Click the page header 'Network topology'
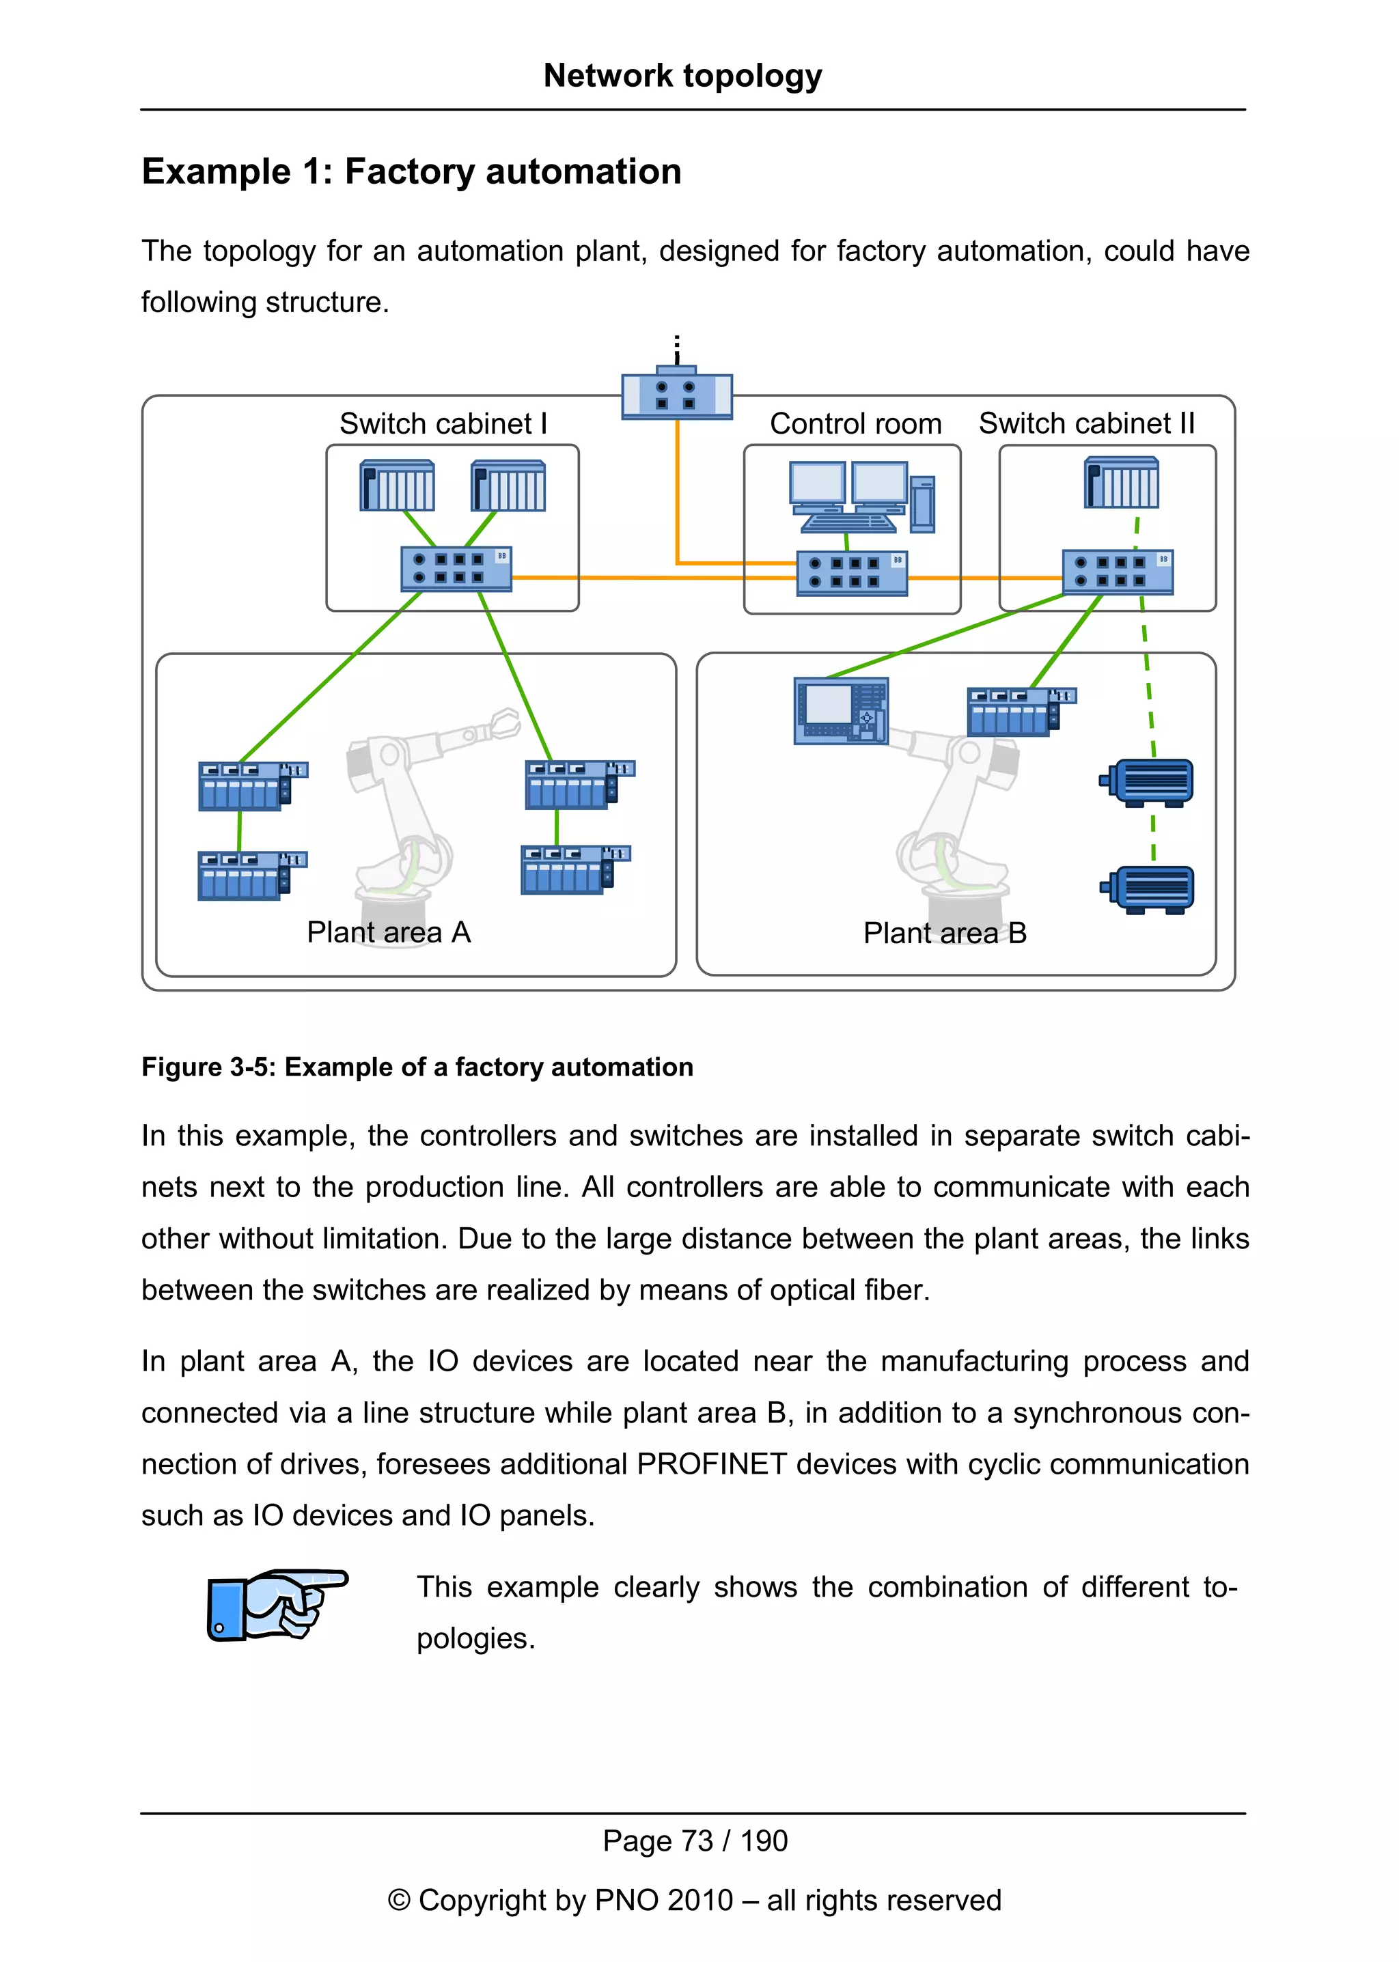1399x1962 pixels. point(682,76)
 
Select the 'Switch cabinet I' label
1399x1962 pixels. point(443,424)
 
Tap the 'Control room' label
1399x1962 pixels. point(855,424)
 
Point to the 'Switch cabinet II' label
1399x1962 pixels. point(1086,423)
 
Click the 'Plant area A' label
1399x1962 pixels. point(389,932)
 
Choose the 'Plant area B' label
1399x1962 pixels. point(944,933)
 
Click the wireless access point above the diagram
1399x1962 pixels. point(677,395)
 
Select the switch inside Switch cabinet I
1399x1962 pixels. point(456,568)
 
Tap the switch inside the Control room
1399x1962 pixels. point(851,574)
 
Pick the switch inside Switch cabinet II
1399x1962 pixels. point(1118,572)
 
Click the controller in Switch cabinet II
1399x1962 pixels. point(1121,484)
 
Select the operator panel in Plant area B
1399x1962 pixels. point(840,710)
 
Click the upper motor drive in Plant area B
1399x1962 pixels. point(1149,782)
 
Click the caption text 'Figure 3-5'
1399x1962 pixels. point(207,1067)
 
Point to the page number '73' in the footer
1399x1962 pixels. point(697,1840)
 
